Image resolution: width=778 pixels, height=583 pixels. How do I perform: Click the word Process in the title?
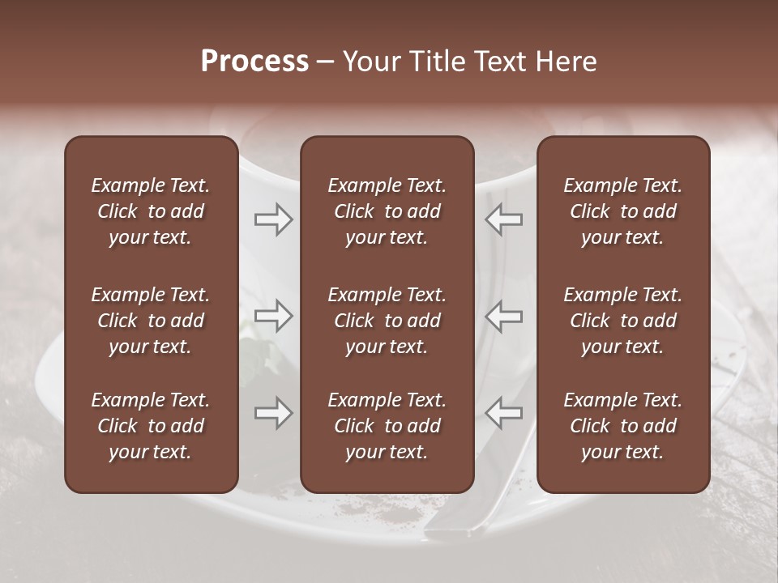pos(254,62)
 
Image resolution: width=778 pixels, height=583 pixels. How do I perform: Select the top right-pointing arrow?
pos(274,219)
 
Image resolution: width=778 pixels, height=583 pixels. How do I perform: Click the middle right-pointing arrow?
pos(274,316)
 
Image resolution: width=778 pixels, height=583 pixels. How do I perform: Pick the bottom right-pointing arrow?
pos(274,414)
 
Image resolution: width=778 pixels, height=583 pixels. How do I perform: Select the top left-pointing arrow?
pos(503,219)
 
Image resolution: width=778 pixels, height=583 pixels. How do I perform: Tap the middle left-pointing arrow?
pos(503,316)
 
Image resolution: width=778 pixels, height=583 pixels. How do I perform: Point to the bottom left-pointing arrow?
pos(503,414)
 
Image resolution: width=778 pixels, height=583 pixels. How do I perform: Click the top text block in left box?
pos(151,211)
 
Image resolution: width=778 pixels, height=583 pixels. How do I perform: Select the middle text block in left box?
pos(151,321)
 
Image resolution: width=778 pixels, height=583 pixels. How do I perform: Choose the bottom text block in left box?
pos(151,426)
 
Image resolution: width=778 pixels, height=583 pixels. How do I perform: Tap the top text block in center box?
pos(387,211)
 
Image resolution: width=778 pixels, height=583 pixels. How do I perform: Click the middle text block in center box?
pos(387,321)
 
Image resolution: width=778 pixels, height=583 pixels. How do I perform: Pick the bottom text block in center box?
pos(387,426)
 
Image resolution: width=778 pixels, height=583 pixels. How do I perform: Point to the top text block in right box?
pos(623,211)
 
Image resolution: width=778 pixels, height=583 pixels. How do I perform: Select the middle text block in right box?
pos(623,321)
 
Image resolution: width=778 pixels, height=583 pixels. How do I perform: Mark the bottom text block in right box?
pos(623,426)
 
